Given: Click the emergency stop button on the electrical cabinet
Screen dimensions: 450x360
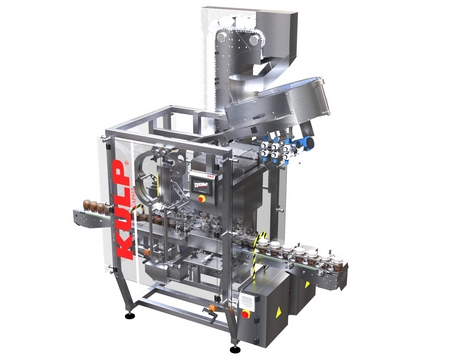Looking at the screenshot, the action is [x=246, y=314].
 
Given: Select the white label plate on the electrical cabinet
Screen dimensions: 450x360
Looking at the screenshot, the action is [x=248, y=302].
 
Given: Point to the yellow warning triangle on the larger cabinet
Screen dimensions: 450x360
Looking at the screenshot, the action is [x=278, y=312].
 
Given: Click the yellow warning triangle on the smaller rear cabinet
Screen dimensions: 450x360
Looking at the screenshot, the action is [x=307, y=284].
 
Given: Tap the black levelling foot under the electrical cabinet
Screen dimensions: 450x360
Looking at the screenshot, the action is [x=235, y=349].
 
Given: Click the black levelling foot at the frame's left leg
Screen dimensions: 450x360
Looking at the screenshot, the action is [x=130, y=315].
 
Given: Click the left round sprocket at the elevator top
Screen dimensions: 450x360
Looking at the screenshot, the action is [x=221, y=38].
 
